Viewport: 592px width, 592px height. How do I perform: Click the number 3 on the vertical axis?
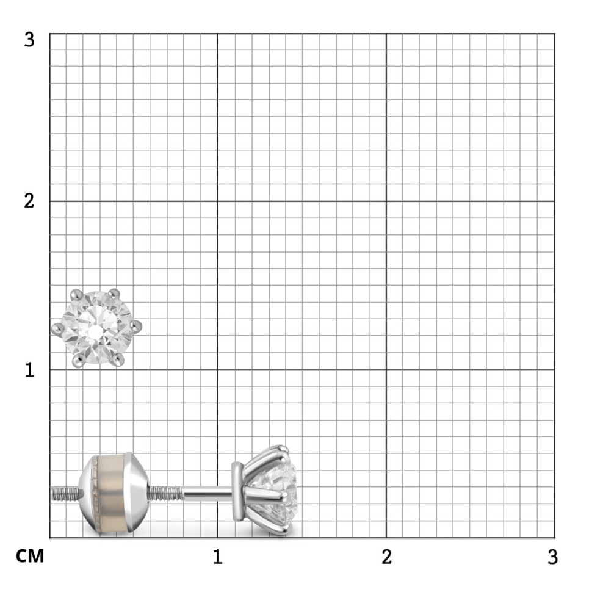29,40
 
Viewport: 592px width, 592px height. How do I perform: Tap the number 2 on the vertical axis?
29,201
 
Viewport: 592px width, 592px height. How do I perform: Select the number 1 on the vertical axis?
30,370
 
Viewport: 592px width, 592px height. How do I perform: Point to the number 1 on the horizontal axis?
218,557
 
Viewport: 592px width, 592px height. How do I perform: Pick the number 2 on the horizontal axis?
386,557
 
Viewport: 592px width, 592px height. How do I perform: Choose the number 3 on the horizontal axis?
553,557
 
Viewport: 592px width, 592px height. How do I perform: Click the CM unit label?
30,557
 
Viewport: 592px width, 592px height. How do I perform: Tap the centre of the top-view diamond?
96,328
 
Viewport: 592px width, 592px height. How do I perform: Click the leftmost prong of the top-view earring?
57,329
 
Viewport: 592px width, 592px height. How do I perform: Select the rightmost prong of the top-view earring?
136,327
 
